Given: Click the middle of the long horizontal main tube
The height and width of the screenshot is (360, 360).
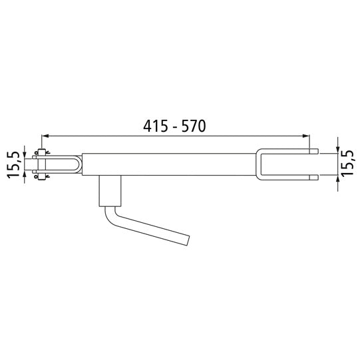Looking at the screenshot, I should [170, 164].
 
